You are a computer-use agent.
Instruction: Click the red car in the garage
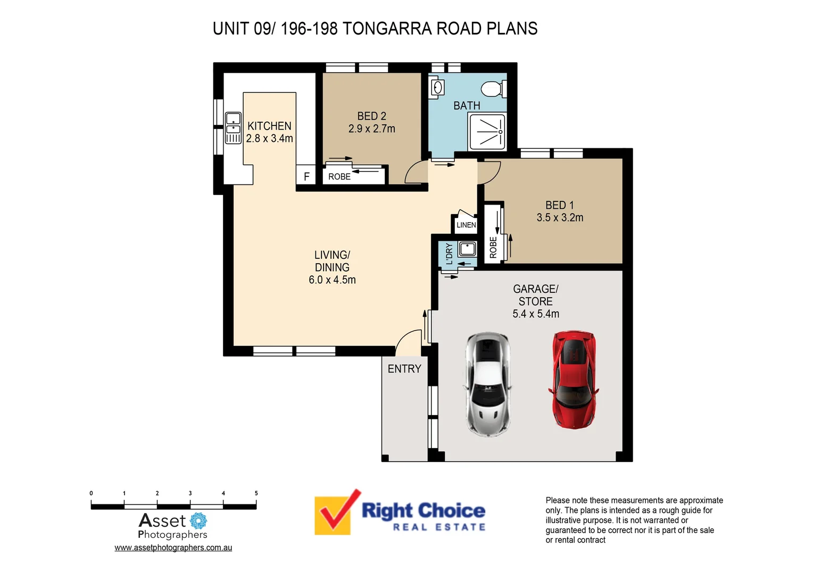[x=574, y=379]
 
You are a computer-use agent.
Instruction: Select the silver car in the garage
[x=487, y=384]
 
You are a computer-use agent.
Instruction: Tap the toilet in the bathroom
[x=493, y=88]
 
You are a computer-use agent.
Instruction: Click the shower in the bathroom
[x=487, y=131]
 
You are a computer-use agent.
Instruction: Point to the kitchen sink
[x=233, y=128]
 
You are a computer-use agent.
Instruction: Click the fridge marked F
[x=306, y=176]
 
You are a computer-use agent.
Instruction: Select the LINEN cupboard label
[x=466, y=225]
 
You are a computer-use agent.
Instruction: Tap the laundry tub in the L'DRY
[x=467, y=248]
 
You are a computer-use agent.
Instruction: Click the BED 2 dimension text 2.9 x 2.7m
[x=371, y=129]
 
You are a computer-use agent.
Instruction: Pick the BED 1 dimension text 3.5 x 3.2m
[x=560, y=217]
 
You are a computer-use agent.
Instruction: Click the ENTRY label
[x=404, y=369]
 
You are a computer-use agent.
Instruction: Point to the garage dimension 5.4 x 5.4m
[x=536, y=314]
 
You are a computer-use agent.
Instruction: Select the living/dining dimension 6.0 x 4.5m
[x=332, y=280]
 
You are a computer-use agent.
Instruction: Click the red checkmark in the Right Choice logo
[x=336, y=510]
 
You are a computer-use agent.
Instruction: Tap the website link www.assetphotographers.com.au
[x=173, y=547]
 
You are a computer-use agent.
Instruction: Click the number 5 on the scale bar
[x=256, y=493]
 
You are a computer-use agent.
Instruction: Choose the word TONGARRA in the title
[x=387, y=29]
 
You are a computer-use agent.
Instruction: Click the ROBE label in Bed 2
[x=339, y=176]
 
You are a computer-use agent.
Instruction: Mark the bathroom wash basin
[x=437, y=87]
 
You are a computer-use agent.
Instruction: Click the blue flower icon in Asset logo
[x=198, y=520]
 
